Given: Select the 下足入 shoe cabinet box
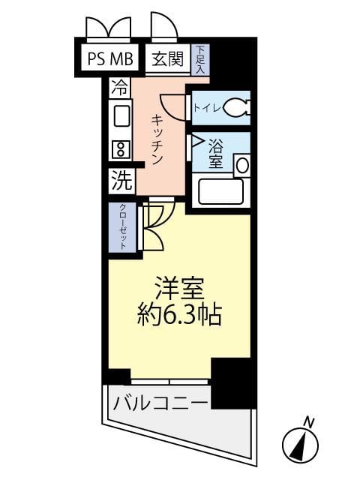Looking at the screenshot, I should (200, 59).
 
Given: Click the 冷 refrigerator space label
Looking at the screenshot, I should (118, 86).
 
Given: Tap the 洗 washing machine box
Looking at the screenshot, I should (121, 180).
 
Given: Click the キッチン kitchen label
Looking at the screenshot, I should (157, 139).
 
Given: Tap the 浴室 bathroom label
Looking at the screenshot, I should (216, 152).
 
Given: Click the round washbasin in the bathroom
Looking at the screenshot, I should (241, 165).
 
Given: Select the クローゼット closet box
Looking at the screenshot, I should (121, 227).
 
